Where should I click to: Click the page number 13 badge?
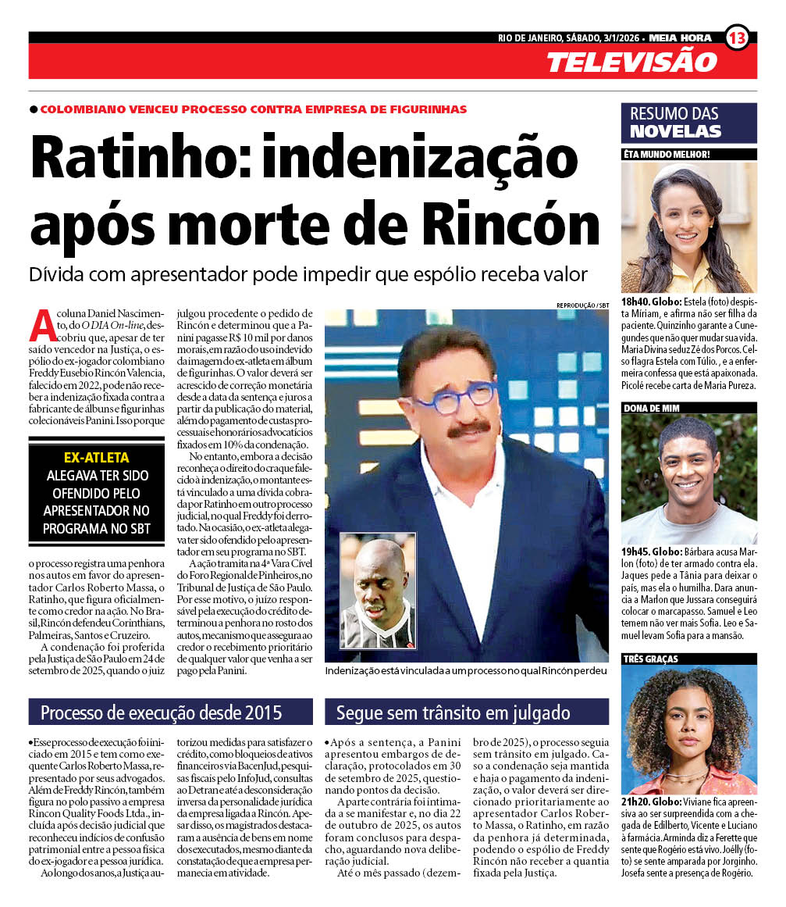point(736,37)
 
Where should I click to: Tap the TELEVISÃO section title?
point(631,62)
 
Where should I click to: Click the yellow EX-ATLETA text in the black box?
point(96,459)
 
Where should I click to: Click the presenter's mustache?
point(468,430)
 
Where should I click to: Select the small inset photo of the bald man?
point(378,590)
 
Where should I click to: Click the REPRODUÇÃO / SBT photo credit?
point(582,305)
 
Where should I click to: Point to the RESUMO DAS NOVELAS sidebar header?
point(688,123)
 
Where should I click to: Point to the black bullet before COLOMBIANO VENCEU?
point(34,109)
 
